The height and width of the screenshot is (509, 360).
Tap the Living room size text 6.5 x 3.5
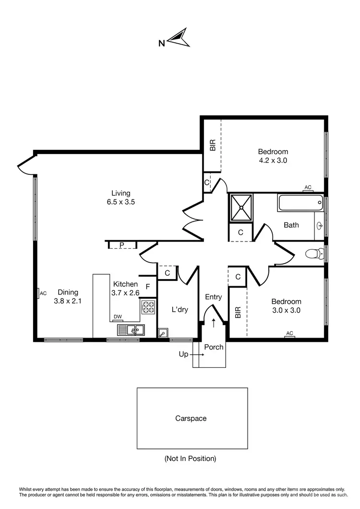click(121, 202)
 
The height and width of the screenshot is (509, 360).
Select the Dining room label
click(68, 292)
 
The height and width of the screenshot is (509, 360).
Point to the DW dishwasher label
click(118, 317)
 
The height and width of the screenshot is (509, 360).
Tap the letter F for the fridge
click(148, 287)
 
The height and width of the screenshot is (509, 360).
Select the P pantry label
click(122, 245)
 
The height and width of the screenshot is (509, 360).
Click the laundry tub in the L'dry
click(163, 332)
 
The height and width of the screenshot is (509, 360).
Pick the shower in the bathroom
click(240, 208)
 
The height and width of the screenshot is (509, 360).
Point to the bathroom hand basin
click(320, 225)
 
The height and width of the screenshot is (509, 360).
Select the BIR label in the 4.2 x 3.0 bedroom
click(212, 145)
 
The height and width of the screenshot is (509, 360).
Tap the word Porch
click(214, 347)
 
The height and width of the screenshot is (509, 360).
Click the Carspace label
click(191, 418)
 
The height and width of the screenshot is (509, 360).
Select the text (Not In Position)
click(191, 459)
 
